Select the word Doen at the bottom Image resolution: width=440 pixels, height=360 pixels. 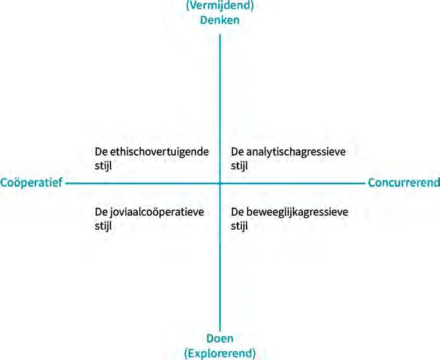pos(219,338)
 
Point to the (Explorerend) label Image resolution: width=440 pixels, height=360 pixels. pos(219,352)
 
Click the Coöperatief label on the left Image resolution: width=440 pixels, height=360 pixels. pos(31,183)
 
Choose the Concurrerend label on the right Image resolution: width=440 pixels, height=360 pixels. pos(404,183)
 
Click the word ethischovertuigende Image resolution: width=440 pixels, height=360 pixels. pos(159,152)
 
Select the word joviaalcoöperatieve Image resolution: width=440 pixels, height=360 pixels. pos(156,212)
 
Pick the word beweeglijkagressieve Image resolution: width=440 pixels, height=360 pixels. pos(295,212)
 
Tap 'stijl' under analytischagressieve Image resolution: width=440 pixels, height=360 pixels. pos(239,164)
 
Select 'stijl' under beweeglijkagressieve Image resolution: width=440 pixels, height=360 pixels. pos(239,225)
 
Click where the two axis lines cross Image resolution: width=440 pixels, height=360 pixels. pos(220,183)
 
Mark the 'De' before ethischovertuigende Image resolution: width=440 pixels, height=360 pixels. pos(100,152)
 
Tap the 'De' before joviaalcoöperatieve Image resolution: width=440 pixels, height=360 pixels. pos(100,212)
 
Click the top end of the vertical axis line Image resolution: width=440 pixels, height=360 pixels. pos(220,33)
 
